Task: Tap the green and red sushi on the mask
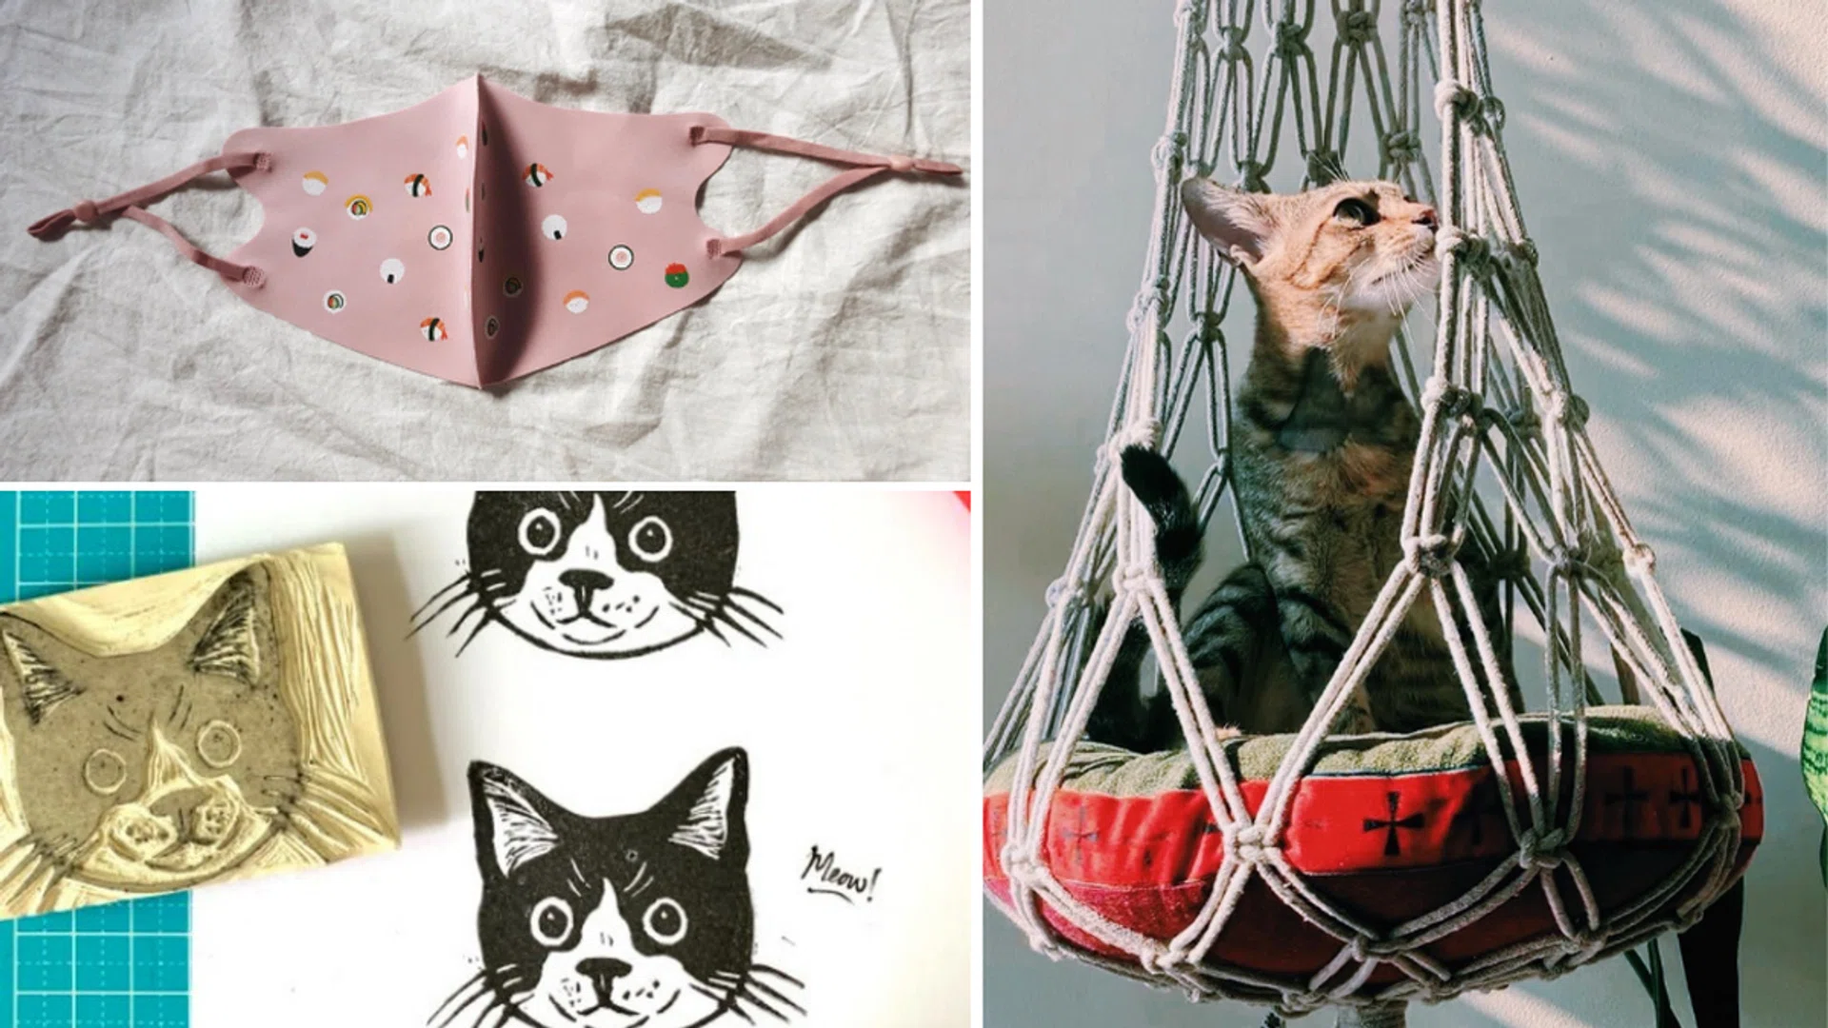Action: (x=676, y=276)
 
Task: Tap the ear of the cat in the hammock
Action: (x=1219, y=214)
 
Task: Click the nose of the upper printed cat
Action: (x=586, y=582)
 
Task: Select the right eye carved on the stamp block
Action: (x=218, y=741)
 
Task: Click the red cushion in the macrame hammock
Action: (x=1371, y=838)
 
